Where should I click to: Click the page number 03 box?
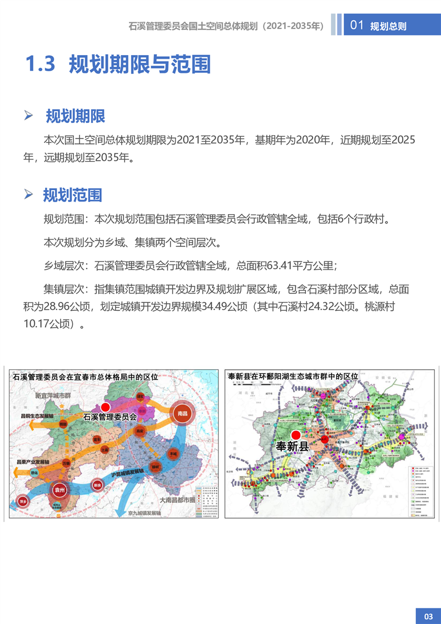tap(428, 616)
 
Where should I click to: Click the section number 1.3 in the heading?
tap(41, 65)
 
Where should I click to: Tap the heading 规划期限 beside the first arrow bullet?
tap(76, 116)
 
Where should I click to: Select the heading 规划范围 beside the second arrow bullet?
tap(73, 195)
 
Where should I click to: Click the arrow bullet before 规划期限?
tap(29, 116)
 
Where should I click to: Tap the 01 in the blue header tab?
tap(357, 26)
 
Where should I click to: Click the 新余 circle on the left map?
tap(98, 485)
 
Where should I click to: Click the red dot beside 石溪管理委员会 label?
tap(106, 407)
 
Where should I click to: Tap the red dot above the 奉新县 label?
tap(296, 434)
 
